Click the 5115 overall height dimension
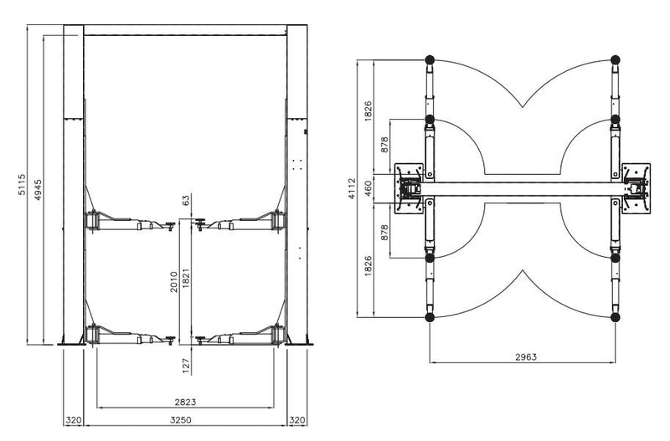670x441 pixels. [22, 184]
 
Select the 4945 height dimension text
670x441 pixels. [38, 190]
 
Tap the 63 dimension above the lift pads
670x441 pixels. [185, 201]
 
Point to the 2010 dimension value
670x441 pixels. [173, 282]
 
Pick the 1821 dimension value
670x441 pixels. [185, 278]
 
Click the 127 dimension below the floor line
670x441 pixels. [186, 366]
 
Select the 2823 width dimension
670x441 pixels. [185, 402]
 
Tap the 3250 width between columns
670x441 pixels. [181, 420]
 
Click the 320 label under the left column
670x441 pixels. [74, 420]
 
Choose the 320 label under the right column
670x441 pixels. [297, 420]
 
